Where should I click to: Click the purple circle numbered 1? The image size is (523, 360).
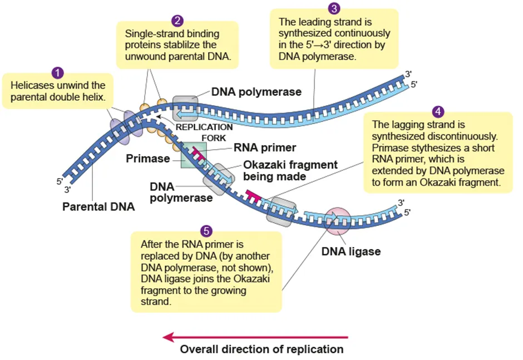click(57, 73)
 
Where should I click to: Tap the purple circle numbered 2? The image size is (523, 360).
click(177, 21)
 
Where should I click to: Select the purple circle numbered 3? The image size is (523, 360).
click(334, 8)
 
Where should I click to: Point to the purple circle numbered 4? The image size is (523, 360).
click(438, 111)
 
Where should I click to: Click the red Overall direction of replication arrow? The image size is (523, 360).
click(255, 337)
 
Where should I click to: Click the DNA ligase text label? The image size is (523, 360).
click(351, 251)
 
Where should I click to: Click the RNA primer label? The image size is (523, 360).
click(266, 148)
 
